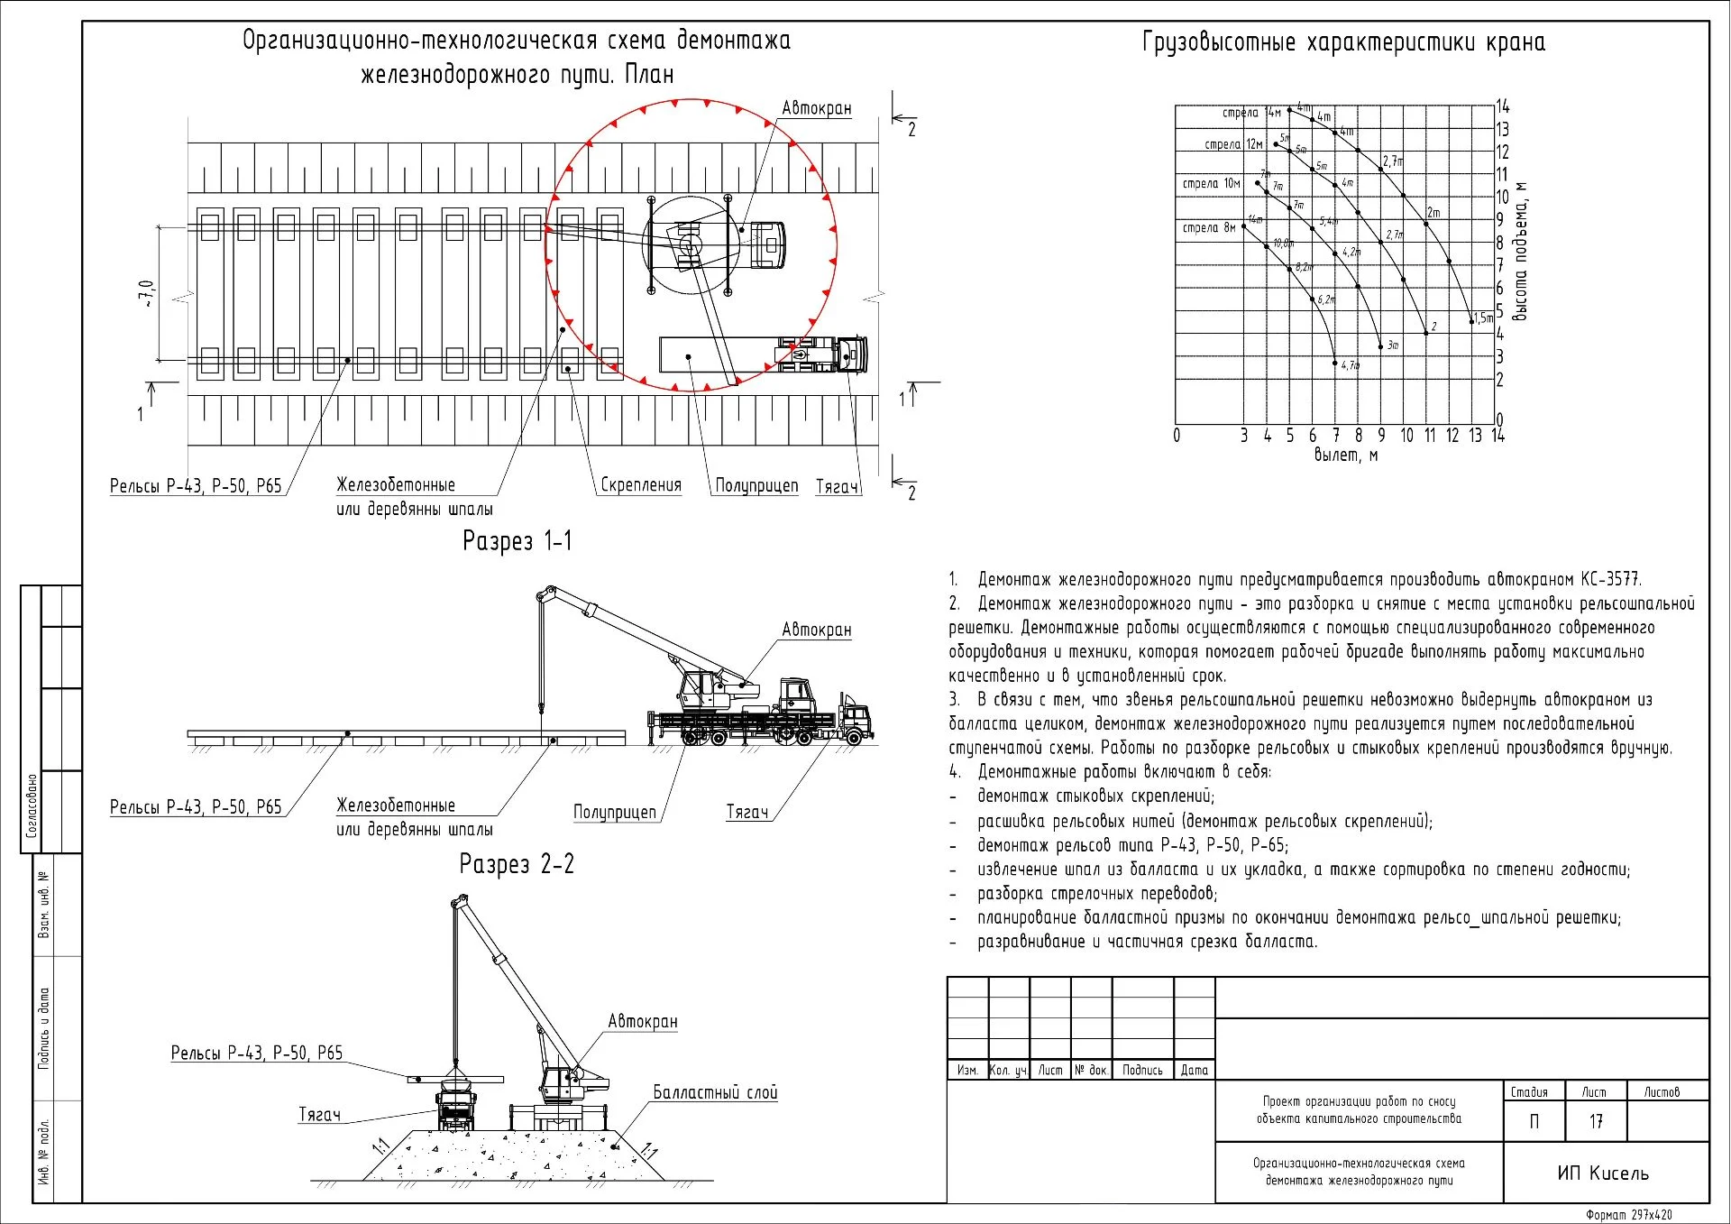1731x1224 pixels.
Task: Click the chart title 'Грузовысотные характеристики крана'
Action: pyautogui.click(x=1343, y=42)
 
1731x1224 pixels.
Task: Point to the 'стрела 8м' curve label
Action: pyautogui.click(x=1209, y=228)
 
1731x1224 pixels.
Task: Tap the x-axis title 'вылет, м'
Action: pyautogui.click(x=1345, y=455)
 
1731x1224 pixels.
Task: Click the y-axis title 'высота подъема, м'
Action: pyautogui.click(x=1521, y=251)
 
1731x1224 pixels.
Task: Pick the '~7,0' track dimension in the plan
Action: pyautogui.click(x=146, y=294)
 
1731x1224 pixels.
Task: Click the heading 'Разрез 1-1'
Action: pyautogui.click(x=517, y=540)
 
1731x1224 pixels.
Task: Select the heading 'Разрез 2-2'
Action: pyautogui.click(x=517, y=864)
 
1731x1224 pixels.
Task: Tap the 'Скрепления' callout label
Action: pyautogui.click(x=641, y=485)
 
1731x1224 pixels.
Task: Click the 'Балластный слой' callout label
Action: pyautogui.click(x=715, y=1092)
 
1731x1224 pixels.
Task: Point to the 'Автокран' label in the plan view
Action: pyautogui.click(x=816, y=108)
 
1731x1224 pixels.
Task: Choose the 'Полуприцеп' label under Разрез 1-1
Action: pyautogui.click(x=615, y=812)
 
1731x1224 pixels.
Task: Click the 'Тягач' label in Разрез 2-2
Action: pyautogui.click(x=320, y=1115)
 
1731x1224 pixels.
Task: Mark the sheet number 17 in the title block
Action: pyautogui.click(x=1595, y=1121)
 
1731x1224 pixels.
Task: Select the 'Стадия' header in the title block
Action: pyautogui.click(x=1529, y=1092)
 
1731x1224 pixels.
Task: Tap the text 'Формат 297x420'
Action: pyautogui.click(x=1628, y=1215)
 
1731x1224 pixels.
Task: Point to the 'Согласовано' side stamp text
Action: pyautogui.click(x=32, y=805)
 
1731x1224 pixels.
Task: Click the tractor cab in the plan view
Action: pyautogui.click(x=852, y=354)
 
